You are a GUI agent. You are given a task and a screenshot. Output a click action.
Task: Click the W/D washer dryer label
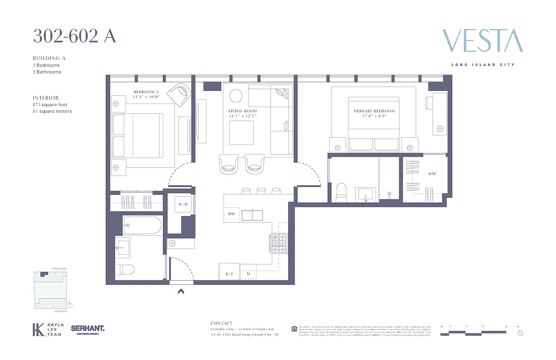182,204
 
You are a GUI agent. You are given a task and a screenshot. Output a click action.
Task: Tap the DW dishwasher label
232,214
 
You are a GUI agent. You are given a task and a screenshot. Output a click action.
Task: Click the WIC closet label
432,174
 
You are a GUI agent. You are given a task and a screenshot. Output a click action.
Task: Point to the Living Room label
242,111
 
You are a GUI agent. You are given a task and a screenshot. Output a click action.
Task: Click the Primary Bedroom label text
374,111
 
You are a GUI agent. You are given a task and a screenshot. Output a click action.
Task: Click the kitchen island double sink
252,216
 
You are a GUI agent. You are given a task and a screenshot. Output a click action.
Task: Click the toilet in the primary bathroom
341,191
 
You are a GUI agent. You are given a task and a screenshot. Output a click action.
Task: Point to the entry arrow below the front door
181,292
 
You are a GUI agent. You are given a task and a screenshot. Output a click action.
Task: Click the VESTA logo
482,41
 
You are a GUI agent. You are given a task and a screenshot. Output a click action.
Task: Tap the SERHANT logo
88,329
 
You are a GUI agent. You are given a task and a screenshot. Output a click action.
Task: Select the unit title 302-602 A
74,36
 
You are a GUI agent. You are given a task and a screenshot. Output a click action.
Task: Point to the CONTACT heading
222,323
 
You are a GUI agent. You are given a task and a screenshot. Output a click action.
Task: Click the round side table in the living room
236,96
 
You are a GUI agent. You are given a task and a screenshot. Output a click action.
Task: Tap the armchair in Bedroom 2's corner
179,94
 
